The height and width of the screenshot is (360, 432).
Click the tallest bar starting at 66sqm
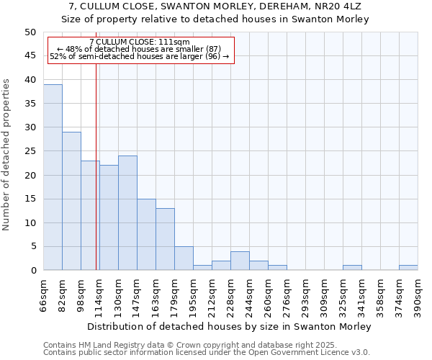[x=53, y=177]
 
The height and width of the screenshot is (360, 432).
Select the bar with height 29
[x=71, y=201]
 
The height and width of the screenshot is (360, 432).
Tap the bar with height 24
[x=127, y=212]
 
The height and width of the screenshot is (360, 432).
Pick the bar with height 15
[x=146, y=234]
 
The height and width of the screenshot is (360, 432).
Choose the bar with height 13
[x=165, y=239]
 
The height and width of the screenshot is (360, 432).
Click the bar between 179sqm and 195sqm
[x=184, y=258]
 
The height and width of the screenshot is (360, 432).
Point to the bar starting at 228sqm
[x=240, y=261]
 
